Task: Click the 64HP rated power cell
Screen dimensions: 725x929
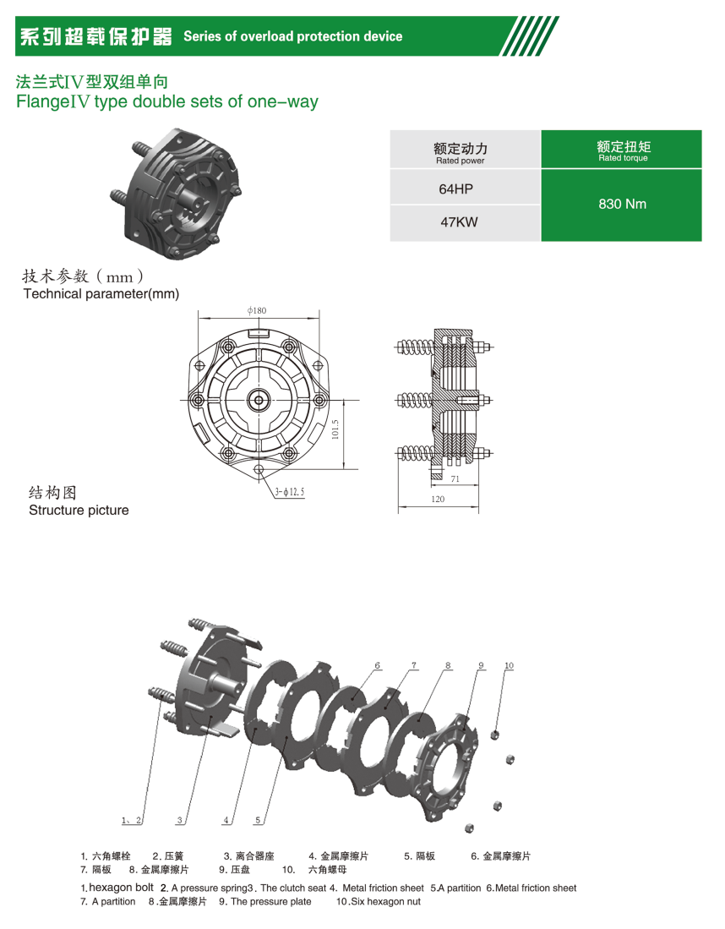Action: tap(455, 189)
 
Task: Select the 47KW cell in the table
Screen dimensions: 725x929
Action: tap(459, 222)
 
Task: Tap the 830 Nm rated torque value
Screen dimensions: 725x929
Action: tap(622, 204)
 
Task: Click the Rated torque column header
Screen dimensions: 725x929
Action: tap(622, 150)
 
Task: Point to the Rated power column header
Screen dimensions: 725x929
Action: tap(461, 151)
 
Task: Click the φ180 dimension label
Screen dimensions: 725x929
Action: tap(257, 310)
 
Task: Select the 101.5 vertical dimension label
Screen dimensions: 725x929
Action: tap(335, 429)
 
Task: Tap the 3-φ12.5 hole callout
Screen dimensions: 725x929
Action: tap(290, 492)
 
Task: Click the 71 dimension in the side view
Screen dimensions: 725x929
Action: tap(455, 478)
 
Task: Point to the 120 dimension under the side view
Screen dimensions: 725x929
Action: tap(438, 499)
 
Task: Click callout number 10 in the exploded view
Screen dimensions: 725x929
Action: tap(509, 665)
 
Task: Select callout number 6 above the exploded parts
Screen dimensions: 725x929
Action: tap(378, 665)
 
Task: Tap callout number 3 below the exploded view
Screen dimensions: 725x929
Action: tap(179, 820)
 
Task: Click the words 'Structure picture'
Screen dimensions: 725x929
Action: tap(79, 510)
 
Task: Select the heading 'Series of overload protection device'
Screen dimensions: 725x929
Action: tap(292, 36)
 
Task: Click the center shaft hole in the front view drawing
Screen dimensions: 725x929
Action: tap(259, 401)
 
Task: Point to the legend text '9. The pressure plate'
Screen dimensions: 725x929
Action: tap(264, 902)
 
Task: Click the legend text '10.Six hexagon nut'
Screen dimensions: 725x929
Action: tap(379, 902)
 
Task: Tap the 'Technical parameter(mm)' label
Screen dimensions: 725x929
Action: tap(101, 294)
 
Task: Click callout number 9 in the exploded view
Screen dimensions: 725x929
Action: tap(481, 665)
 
